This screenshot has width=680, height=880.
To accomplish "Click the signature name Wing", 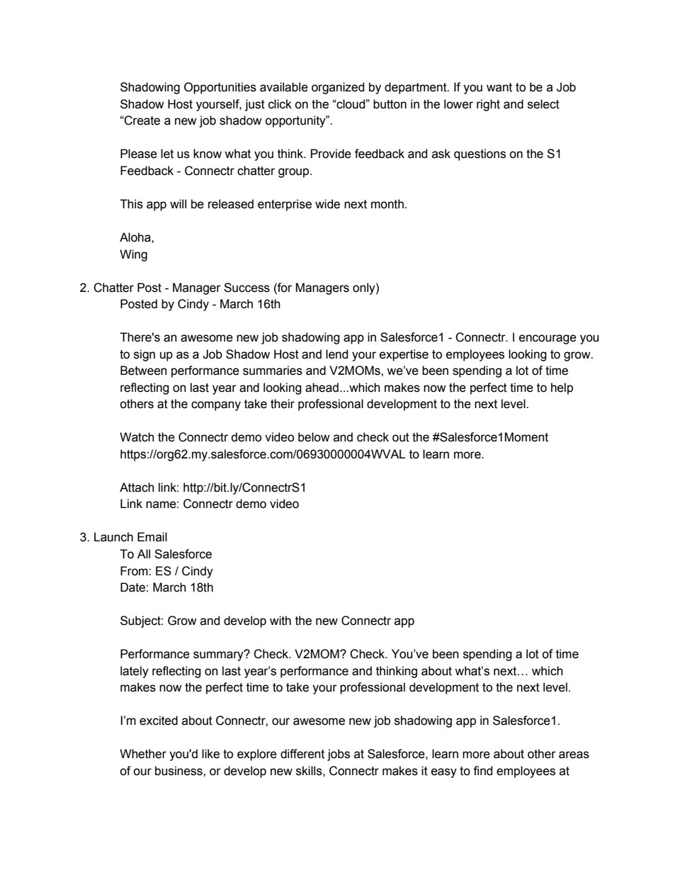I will pyautogui.click(x=133, y=254).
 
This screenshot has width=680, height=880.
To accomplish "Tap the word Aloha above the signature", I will pyautogui.click(x=136, y=238).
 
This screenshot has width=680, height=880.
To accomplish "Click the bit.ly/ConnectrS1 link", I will pyautogui.click(x=244, y=487).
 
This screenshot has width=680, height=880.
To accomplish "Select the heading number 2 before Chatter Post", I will pyautogui.click(x=84, y=288).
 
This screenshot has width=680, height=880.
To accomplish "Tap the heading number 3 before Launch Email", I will pyautogui.click(x=84, y=537).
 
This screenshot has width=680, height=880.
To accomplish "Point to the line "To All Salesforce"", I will pyautogui.click(x=166, y=554).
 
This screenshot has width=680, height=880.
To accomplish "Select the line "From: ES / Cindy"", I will pyautogui.click(x=166, y=571).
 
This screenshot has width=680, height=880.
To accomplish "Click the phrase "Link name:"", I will pyautogui.click(x=149, y=504).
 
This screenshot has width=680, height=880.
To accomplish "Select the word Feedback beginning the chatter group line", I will pyautogui.click(x=146, y=171).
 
